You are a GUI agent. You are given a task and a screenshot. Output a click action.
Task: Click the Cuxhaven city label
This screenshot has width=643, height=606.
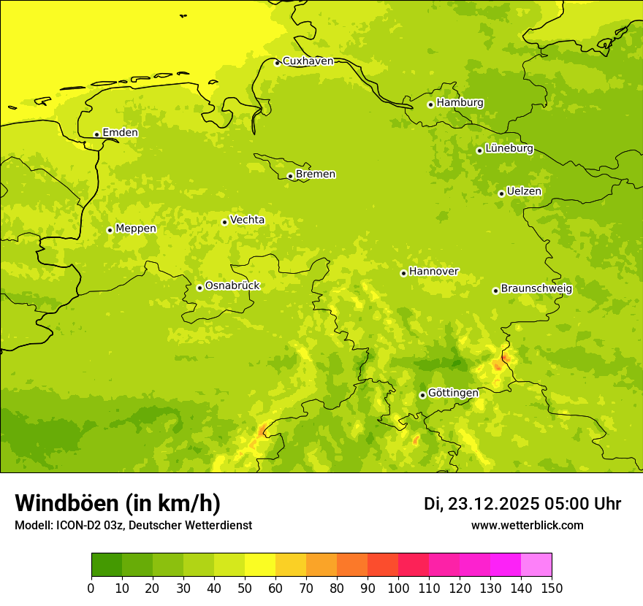(308, 61)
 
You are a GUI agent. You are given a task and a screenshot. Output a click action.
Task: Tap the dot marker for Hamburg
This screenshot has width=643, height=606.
(431, 104)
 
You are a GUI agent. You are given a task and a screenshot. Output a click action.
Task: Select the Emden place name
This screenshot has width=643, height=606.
(120, 133)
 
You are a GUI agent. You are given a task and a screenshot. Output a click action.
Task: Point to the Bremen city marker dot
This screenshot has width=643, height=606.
(290, 176)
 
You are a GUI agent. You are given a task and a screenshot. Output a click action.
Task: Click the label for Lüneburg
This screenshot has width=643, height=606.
(509, 148)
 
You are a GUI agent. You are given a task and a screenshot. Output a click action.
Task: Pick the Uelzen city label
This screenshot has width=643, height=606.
(524, 191)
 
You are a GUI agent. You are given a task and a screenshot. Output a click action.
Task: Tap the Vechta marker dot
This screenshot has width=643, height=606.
(224, 222)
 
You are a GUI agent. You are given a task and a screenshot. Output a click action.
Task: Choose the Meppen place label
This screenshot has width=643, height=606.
(136, 229)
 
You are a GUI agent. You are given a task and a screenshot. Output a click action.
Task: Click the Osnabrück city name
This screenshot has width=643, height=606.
(232, 285)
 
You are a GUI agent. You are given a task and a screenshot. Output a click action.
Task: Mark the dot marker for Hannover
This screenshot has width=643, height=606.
(403, 273)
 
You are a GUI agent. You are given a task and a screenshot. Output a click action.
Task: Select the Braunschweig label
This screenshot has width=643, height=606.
(536, 288)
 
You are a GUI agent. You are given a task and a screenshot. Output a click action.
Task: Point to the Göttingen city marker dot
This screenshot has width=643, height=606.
(422, 395)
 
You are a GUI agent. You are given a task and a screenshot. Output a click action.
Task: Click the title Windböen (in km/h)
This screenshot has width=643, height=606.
(118, 503)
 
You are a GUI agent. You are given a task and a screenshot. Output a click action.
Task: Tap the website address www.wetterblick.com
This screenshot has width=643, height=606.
(528, 525)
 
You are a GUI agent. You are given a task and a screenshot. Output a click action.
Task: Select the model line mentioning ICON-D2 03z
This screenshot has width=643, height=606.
(133, 525)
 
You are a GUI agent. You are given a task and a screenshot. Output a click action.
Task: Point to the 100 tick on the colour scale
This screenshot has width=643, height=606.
(398, 588)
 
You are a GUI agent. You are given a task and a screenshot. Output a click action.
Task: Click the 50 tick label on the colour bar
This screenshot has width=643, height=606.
(245, 588)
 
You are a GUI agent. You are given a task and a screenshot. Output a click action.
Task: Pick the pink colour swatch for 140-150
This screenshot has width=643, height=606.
(536, 565)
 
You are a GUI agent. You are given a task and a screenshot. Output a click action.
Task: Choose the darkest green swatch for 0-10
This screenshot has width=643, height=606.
(107, 565)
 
